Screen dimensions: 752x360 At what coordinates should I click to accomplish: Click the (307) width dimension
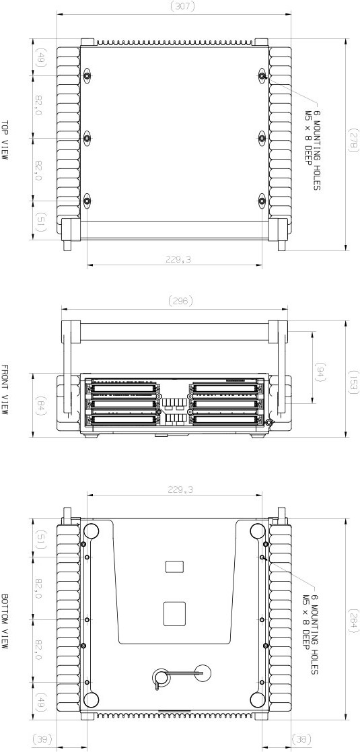183,6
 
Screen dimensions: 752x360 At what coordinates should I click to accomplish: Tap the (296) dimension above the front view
182,301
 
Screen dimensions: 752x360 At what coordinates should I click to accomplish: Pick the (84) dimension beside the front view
40,405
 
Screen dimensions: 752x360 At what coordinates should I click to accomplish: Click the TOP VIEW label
5,139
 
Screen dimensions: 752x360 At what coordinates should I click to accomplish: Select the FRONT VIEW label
5,390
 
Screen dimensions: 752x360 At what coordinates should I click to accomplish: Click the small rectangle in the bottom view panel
174,567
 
